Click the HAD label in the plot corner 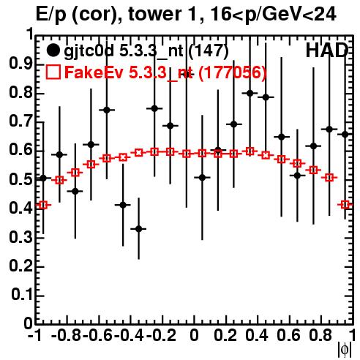pos(327,50)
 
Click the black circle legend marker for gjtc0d pos(53,50)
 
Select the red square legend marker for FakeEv pos(53,72)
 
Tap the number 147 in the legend pos(209,51)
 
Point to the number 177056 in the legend pos(232,72)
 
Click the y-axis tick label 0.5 pos(21,179)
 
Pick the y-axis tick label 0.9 pos(21,64)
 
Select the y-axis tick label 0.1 pos(22,294)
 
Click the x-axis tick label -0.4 pos(129,335)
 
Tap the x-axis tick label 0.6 pos(288,335)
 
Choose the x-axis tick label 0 pos(194,335)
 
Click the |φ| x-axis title pos(345,350)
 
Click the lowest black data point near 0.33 pos(139,229)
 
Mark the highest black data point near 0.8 pos(250,93)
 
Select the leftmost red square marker pos(43,205)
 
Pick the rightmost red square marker pos(345,204)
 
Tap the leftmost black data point pos(43,179)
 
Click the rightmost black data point pos(345,134)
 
